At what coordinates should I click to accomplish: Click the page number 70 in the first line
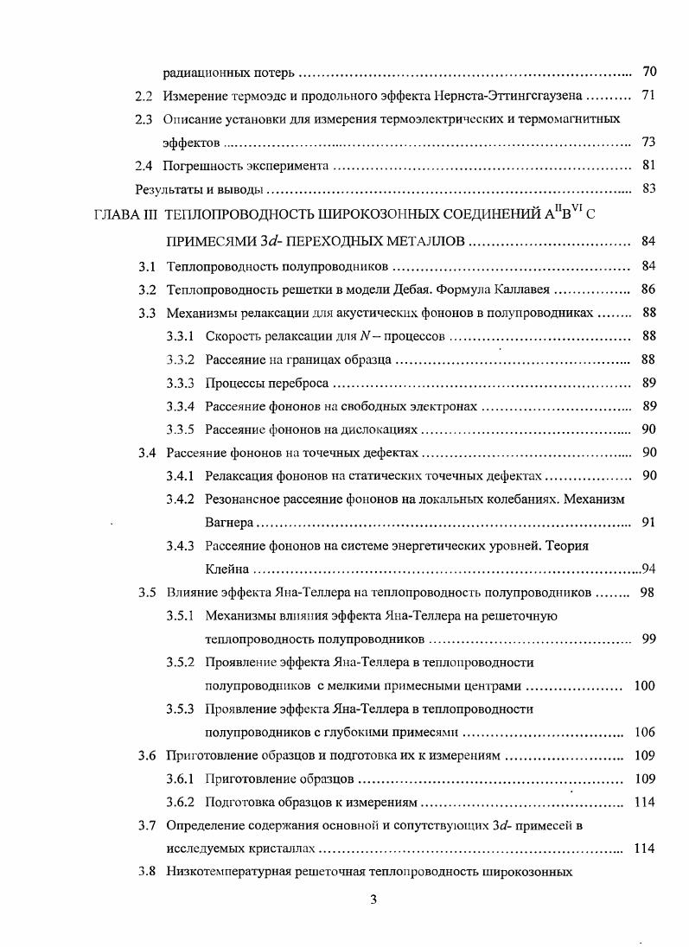[x=649, y=71]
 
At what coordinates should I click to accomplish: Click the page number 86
[x=649, y=289]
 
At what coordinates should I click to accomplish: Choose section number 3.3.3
[x=180, y=382]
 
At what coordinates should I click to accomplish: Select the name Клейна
[x=227, y=569]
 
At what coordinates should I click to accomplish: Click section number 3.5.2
[x=180, y=662]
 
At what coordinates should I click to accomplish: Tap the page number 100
[x=644, y=685]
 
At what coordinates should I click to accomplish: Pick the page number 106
[x=644, y=732]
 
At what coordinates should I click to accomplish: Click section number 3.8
[x=147, y=872]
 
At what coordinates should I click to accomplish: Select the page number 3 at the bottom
[x=373, y=900]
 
